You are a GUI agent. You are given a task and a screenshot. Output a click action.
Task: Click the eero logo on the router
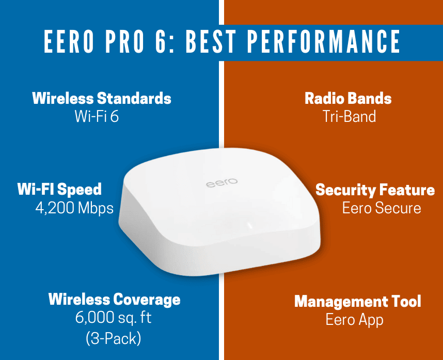click(222, 183)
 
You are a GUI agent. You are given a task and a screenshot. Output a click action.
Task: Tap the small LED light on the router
click(249, 225)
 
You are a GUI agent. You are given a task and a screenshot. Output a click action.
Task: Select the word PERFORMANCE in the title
click(324, 41)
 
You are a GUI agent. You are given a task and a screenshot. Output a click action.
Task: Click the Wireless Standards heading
click(102, 98)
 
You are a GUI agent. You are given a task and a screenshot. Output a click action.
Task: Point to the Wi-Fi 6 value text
click(97, 116)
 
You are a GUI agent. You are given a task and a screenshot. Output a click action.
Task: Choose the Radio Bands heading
click(348, 98)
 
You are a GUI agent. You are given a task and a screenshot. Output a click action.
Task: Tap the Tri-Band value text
click(349, 116)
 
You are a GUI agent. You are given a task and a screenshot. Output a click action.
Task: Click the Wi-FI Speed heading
click(59, 190)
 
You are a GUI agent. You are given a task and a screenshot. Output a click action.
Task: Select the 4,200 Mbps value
click(74, 208)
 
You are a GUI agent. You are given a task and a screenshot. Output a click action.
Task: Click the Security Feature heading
click(375, 190)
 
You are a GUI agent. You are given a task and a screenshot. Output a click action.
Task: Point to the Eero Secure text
click(382, 208)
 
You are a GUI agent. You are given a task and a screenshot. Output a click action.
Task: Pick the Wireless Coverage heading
click(115, 300)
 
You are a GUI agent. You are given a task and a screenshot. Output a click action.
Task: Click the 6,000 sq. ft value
click(113, 317)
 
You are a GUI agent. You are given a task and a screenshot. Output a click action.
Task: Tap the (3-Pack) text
click(113, 338)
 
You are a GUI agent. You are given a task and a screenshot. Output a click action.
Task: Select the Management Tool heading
click(358, 301)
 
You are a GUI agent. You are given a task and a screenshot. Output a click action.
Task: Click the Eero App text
click(354, 320)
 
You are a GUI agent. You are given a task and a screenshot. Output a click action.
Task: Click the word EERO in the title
click(69, 41)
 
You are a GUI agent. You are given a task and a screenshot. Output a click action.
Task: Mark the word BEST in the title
click(211, 41)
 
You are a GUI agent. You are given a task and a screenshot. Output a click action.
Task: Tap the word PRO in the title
click(125, 41)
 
